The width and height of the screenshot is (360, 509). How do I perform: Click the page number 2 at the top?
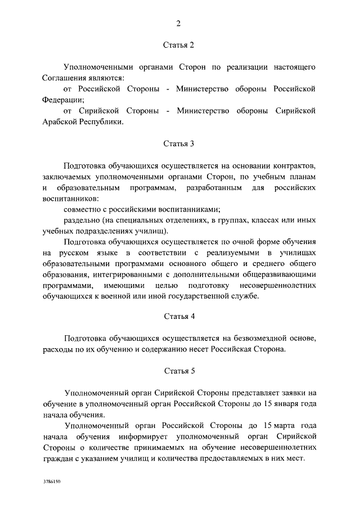click(x=179, y=23)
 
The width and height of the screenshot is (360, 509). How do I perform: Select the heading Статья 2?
click(x=179, y=45)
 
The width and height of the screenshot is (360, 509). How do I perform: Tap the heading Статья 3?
click(x=179, y=143)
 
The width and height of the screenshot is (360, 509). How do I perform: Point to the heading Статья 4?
click(x=179, y=317)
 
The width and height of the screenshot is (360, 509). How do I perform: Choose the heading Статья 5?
click(x=179, y=371)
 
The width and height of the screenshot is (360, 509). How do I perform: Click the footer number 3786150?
click(x=51, y=482)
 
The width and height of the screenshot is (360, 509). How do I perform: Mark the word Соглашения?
click(x=63, y=78)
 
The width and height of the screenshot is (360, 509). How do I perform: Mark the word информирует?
click(x=152, y=436)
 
